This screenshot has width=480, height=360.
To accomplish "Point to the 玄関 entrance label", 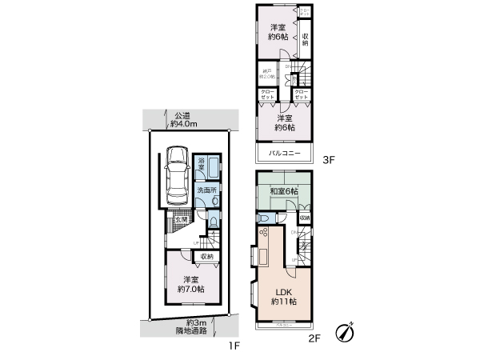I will point(182,220).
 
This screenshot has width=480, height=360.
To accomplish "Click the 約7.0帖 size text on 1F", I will point(190,289).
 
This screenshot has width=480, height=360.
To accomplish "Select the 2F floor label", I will point(314,338).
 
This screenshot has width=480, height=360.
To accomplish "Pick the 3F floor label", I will point(327,160).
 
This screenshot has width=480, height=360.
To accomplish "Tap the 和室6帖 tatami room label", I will point(283,191).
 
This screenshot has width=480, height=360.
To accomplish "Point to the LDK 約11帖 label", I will point(283,296).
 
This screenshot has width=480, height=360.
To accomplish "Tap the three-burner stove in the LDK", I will point(262,234).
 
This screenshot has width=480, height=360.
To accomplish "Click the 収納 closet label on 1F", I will point(206,257).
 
